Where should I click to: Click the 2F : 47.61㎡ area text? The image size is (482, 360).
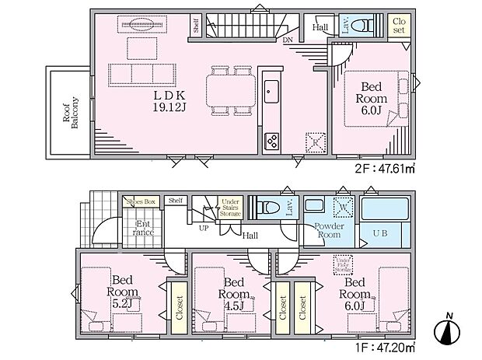[382, 166]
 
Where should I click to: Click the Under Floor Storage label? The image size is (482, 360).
[343, 264]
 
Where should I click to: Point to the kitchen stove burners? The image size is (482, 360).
[273, 141]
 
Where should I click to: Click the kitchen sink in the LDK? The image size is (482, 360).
[271, 90]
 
